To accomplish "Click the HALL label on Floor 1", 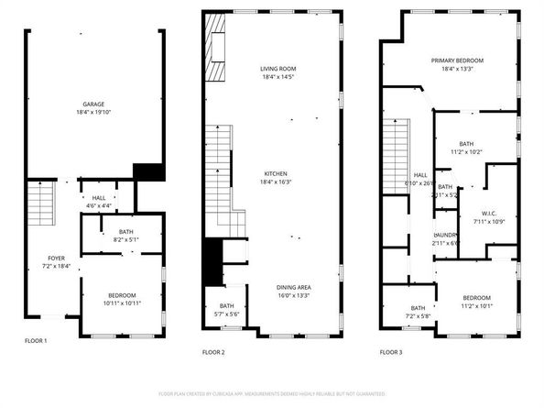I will [x=98, y=197].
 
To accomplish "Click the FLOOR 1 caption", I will [x=35, y=340].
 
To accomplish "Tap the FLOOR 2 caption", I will [x=212, y=351].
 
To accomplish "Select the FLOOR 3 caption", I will [x=391, y=351].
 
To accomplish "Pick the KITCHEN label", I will [x=277, y=173].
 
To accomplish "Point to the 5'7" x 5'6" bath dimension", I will [x=227, y=314].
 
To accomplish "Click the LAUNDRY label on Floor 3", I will [x=445, y=236].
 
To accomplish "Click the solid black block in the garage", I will [x=147, y=172].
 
